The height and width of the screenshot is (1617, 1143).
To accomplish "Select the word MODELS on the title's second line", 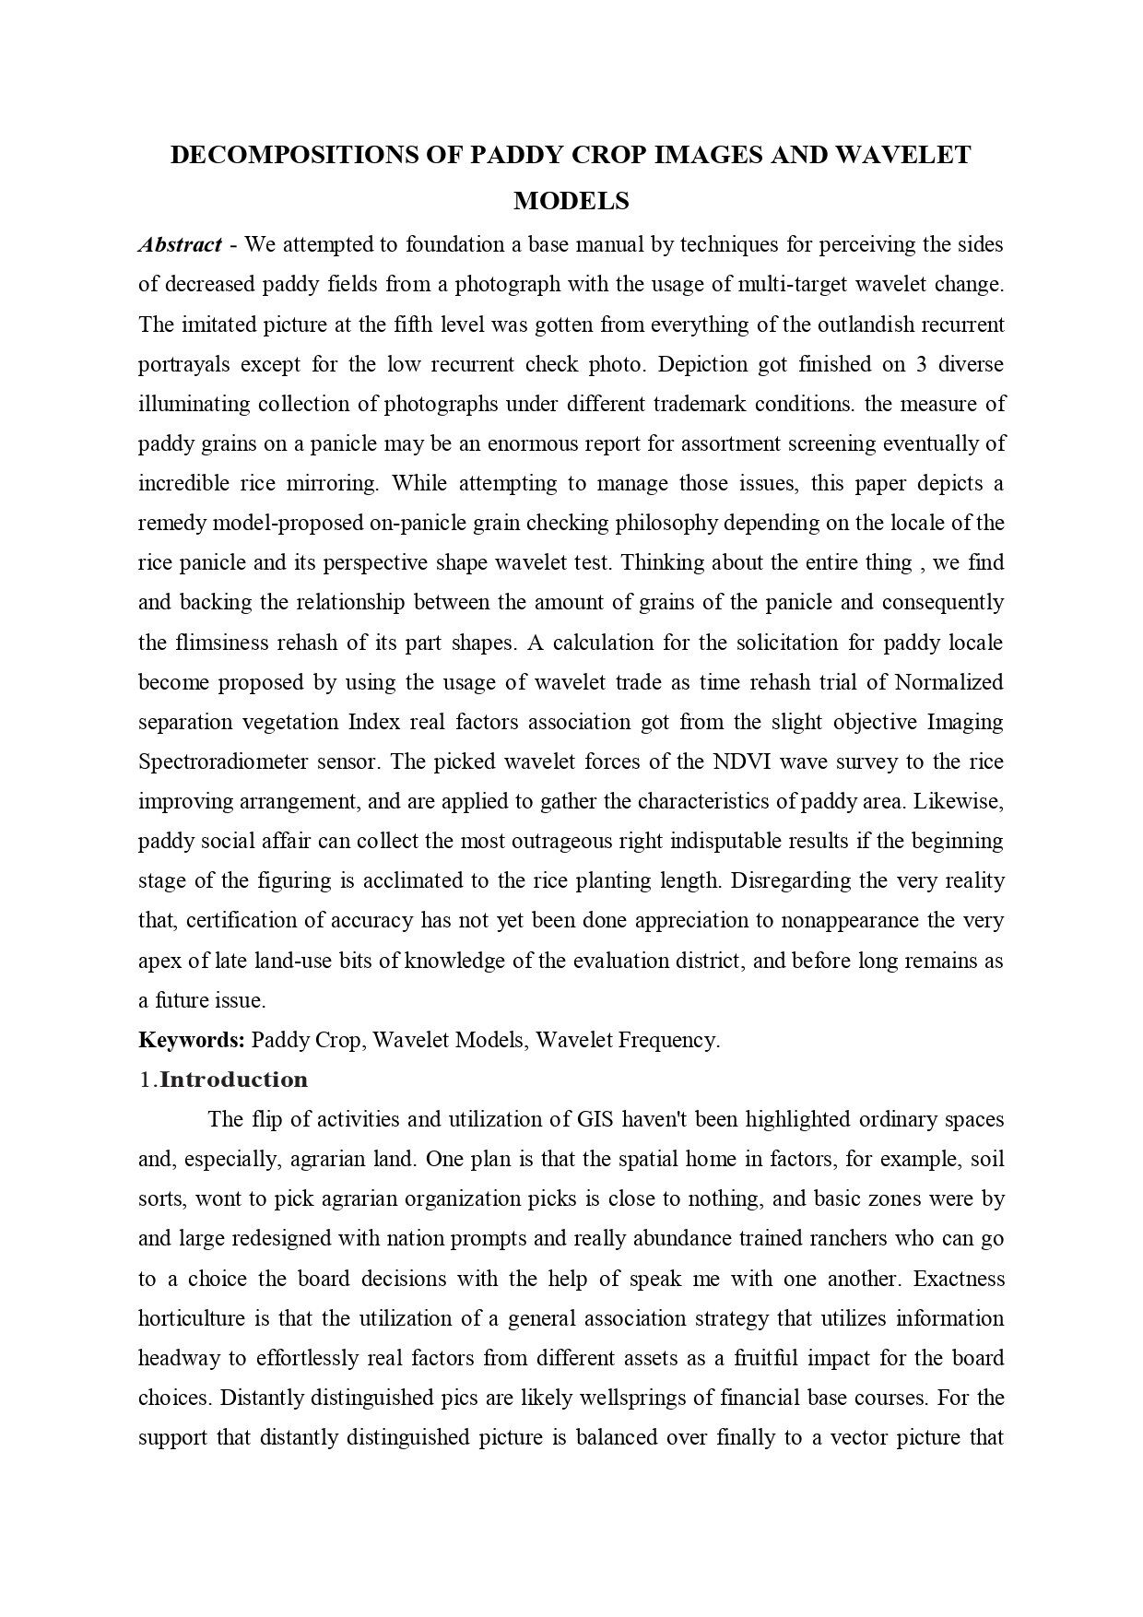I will [571, 200].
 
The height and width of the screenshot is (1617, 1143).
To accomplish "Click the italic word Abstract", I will [180, 244].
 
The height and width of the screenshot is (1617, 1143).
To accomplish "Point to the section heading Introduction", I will [233, 1080].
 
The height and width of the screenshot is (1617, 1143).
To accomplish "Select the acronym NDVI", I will [735, 761].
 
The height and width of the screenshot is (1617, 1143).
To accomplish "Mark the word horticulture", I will [191, 1317].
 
